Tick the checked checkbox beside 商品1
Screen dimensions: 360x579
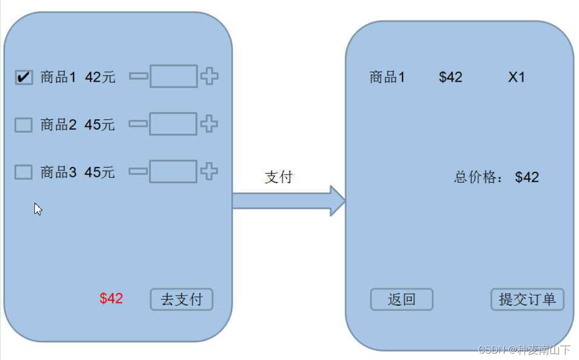click(x=24, y=77)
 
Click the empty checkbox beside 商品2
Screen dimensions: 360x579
click(x=24, y=125)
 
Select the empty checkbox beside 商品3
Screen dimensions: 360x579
click(x=24, y=172)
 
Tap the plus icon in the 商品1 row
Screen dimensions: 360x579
click(x=209, y=76)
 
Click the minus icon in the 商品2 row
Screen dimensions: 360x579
click(x=138, y=124)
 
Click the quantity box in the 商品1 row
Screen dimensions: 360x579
click(x=173, y=76)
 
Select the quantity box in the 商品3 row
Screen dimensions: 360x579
click(x=173, y=171)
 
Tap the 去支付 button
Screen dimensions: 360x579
click(x=182, y=299)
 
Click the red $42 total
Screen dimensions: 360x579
click(x=111, y=299)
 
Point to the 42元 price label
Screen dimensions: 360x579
click(x=100, y=77)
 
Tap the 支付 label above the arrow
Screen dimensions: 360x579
click(x=278, y=177)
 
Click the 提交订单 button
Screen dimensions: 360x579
click(x=527, y=299)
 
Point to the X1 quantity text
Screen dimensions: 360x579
click(x=517, y=77)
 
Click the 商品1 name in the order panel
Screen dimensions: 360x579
click(x=387, y=77)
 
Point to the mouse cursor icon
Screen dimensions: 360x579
click(x=38, y=209)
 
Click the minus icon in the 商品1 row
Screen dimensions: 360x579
click(x=138, y=77)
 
